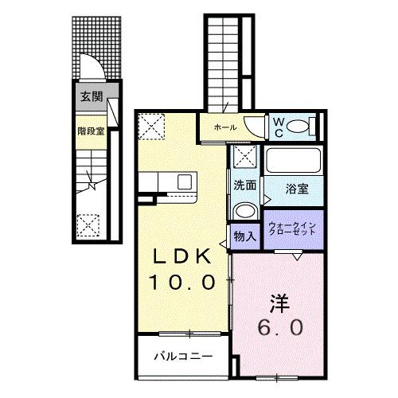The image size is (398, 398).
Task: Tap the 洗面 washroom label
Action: (244, 185)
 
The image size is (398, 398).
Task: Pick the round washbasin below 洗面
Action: (244, 211)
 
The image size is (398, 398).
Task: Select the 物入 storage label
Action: (244, 236)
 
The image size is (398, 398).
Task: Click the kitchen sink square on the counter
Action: (185, 181)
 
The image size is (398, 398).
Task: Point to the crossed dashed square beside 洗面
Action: (244, 157)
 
